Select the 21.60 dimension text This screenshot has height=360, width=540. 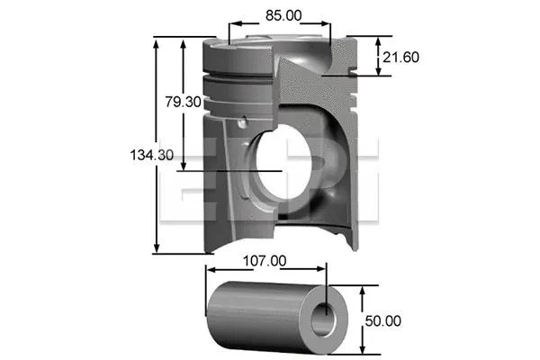(x=400, y=57)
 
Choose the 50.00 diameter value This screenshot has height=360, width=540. (x=382, y=319)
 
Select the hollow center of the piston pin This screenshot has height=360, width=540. (x=324, y=318)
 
